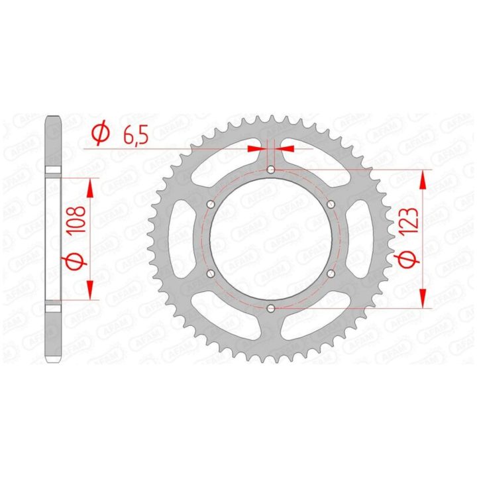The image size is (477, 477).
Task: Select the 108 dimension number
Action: point(75,220)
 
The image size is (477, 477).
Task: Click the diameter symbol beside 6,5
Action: point(101,133)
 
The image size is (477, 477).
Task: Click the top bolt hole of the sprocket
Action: point(270,170)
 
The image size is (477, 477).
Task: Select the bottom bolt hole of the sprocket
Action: point(270,309)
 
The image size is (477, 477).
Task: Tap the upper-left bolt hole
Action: point(211,204)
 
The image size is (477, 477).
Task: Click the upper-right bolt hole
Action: point(331,204)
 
